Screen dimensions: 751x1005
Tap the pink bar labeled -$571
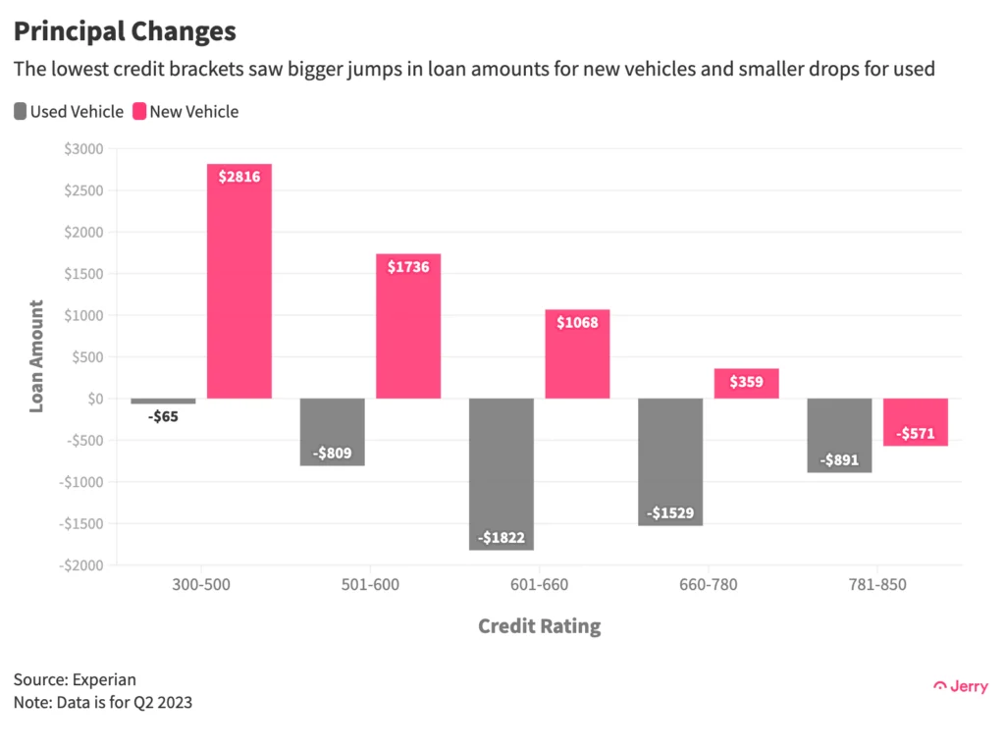click(916, 422)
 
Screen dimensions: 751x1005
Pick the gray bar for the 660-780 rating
click(670, 461)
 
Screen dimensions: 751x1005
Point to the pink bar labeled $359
click(746, 383)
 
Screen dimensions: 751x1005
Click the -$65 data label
click(163, 416)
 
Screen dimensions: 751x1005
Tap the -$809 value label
click(333, 454)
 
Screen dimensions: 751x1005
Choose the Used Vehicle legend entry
click(69, 112)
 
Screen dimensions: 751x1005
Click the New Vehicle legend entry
click(185, 112)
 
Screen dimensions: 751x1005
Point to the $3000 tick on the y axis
click(82, 149)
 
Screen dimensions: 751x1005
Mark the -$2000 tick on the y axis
click(79, 565)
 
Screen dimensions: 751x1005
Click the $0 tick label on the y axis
click(94, 399)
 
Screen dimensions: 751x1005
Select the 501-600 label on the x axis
click(371, 586)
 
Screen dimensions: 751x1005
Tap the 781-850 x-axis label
click(877, 586)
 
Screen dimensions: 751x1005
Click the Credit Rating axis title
click(539, 626)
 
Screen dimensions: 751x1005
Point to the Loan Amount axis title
click(36, 356)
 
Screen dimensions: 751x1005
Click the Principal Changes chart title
click(125, 31)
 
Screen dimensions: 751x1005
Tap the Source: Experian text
click(75, 679)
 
